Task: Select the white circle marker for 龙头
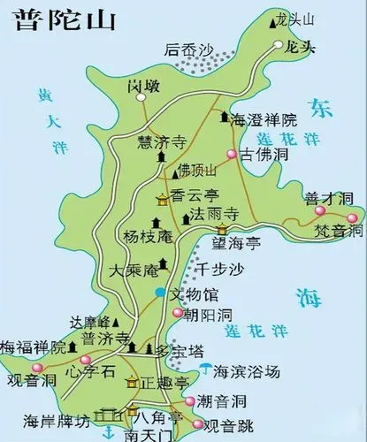[279, 43]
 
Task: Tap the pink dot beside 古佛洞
[231, 155]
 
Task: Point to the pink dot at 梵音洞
[353, 218]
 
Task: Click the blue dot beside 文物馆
[159, 292]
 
